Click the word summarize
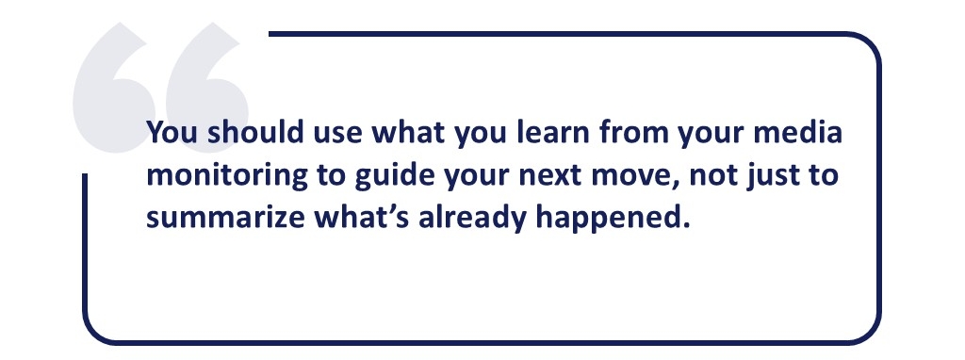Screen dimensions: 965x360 pyautogui.click(x=224, y=219)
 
